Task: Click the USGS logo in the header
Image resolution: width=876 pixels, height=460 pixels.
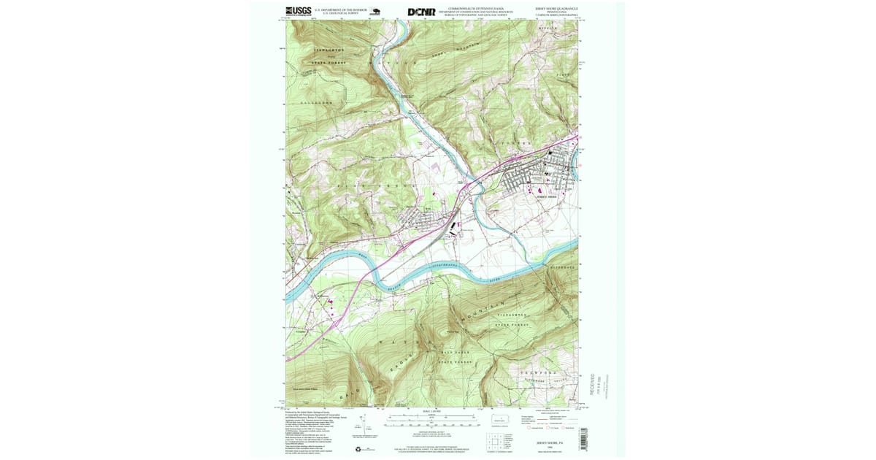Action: (x=299, y=11)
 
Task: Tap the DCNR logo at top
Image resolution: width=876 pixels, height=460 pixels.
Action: (x=421, y=12)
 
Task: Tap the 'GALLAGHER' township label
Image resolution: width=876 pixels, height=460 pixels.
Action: (x=317, y=103)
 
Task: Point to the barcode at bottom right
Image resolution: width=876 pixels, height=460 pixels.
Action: (x=583, y=436)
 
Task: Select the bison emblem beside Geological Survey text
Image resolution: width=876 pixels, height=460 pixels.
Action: (x=376, y=11)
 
